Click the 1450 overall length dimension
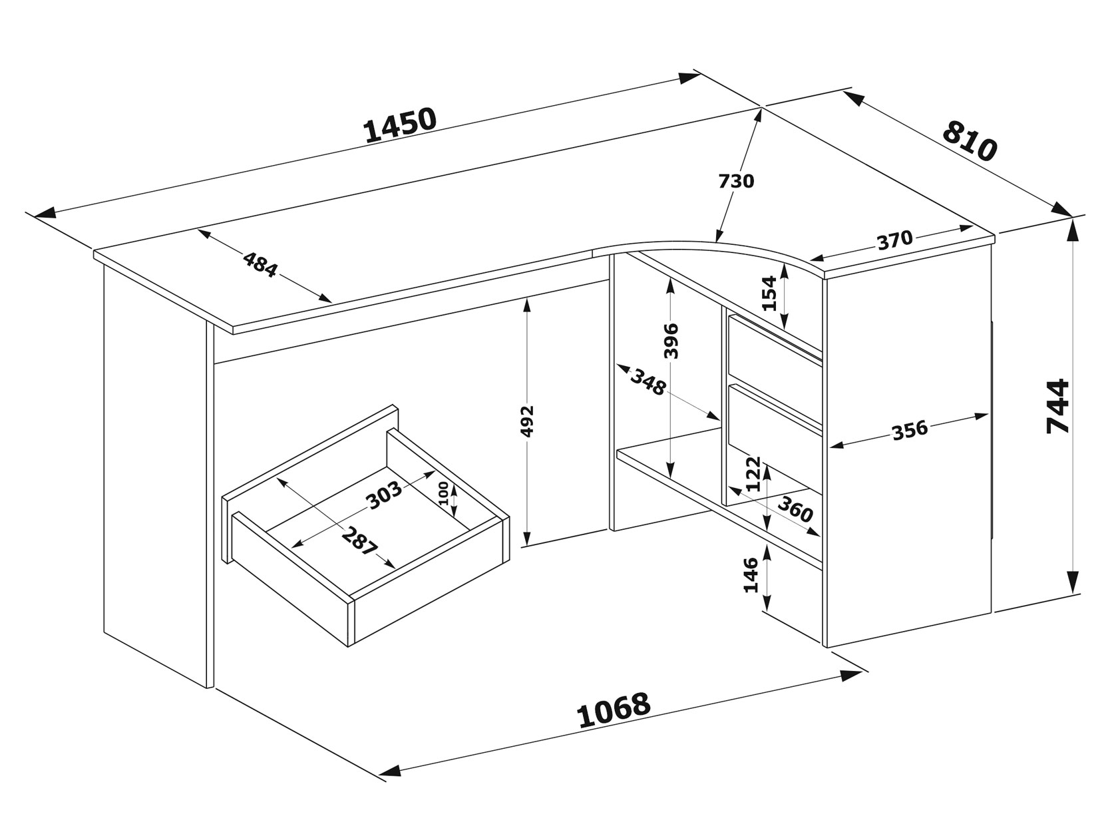[x=400, y=125]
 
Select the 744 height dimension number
[x=1057, y=406]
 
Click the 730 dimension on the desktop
[x=736, y=181]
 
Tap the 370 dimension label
[x=895, y=240]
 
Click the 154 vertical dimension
[x=769, y=293]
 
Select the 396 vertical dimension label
[x=672, y=341]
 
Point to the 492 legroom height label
[x=528, y=421]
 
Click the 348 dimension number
[x=648, y=383]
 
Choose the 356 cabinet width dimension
[x=910, y=431]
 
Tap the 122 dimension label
[x=753, y=474]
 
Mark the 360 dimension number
[x=796, y=509]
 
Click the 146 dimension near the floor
[x=751, y=575]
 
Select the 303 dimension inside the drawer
[x=385, y=495]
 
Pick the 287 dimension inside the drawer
[x=359, y=542]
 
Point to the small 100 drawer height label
[x=444, y=493]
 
